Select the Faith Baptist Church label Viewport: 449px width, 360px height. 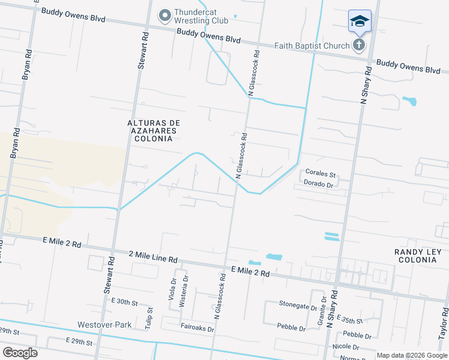point(312,46)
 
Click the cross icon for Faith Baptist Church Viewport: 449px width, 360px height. point(359,45)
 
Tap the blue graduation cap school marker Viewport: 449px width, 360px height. point(360,22)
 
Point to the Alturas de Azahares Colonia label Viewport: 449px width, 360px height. point(154,131)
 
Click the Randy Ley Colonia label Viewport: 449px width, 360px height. point(418,256)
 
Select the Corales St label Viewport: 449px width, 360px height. point(319,172)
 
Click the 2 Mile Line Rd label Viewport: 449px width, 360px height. point(153,259)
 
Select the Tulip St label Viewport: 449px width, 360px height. point(149,316)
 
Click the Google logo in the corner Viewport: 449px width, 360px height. point(20,353)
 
